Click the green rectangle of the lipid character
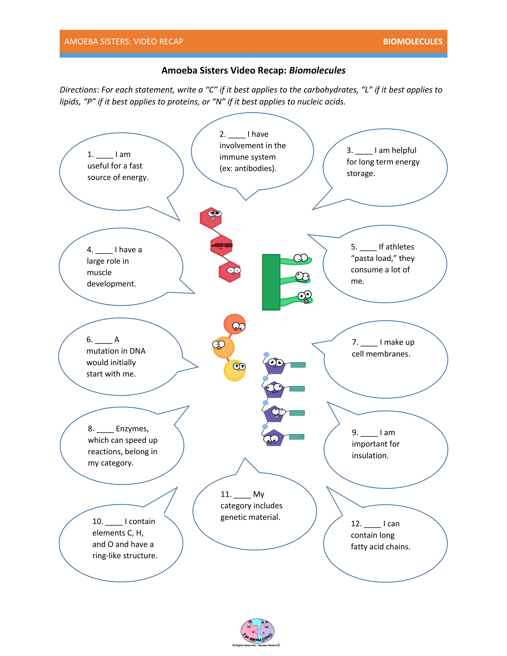(x=271, y=282)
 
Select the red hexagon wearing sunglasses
(x=221, y=246)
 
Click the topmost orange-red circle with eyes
(x=235, y=324)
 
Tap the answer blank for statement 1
(x=105, y=155)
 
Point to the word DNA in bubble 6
(x=138, y=351)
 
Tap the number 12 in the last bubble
(x=356, y=524)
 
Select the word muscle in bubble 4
(x=99, y=272)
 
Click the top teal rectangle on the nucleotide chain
(x=298, y=365)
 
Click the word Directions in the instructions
(x=78, y=90)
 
